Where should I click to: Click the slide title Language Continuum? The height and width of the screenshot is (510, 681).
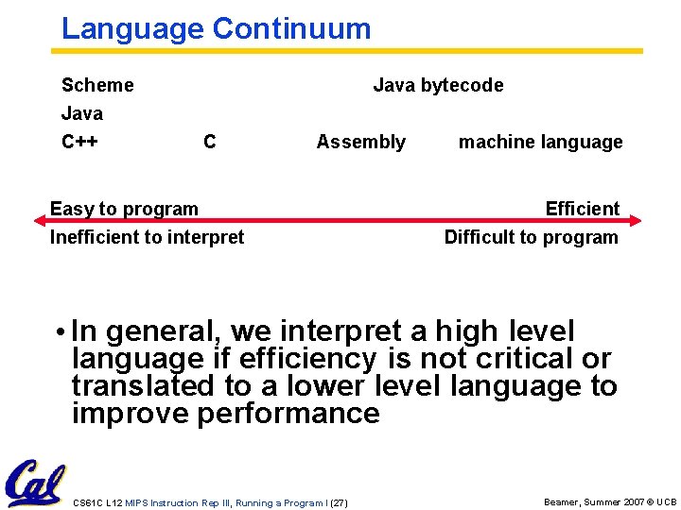(216, 28)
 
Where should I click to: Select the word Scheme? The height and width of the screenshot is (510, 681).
(97, 85)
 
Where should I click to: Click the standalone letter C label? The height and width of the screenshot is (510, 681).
(209, 142)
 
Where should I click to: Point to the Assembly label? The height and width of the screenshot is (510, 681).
(360, 142)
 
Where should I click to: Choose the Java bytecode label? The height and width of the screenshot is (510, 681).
(438, 85)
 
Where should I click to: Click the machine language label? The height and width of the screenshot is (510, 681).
(540, 142)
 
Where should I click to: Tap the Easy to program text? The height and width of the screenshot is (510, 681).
(124, 209)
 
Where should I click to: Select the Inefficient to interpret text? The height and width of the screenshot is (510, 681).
(147, 237)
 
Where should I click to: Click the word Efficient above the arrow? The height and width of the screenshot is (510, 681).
(582, 209)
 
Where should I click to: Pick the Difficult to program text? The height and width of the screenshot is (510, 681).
(531, 237)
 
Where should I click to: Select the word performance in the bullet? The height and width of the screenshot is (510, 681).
(288, 414)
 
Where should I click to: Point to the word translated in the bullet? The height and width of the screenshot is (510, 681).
(137, 386)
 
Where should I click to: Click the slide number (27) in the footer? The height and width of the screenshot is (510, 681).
(338, 502)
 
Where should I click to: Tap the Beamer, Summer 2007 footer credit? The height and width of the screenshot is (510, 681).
(610, 501)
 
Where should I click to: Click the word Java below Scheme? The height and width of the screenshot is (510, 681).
(82, 113)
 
